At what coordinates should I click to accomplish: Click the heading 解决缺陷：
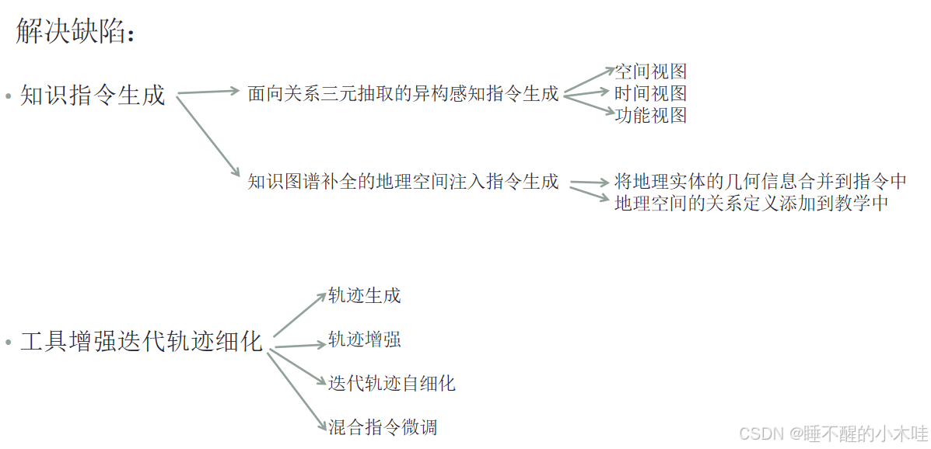(x=75, y=33)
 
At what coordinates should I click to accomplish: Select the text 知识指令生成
(x=93, y=96)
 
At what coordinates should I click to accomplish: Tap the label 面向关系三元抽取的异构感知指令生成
(x=403, y=94)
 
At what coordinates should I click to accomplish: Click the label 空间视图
(x=651, y=72)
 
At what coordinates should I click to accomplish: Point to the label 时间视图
(x=651, y=94)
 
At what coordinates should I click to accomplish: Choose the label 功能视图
(x=651, y=116)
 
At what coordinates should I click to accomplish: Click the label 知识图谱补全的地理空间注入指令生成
(x=403, y=182)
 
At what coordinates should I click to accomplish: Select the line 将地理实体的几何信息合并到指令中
(x=760, y=182)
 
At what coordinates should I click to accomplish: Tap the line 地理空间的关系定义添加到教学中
(x=751, y=204)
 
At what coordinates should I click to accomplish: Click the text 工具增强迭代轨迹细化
(x=142, y=342)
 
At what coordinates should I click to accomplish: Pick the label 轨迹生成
(x=365, y=296)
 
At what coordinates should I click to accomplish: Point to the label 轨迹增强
(x=365, y=340)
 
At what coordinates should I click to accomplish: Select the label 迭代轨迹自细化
(x=391, y=383)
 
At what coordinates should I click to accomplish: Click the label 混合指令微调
(x=382, y=426)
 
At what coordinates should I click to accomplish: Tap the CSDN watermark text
(x=833, y=433)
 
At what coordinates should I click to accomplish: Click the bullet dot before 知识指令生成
(x=9, y=97)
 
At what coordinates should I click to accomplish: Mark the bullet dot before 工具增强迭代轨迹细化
(x=9, y=343)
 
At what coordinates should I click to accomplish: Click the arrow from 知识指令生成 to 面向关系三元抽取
(x=208, y=92)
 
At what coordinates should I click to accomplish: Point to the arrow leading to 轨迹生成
(x=299, y=315)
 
